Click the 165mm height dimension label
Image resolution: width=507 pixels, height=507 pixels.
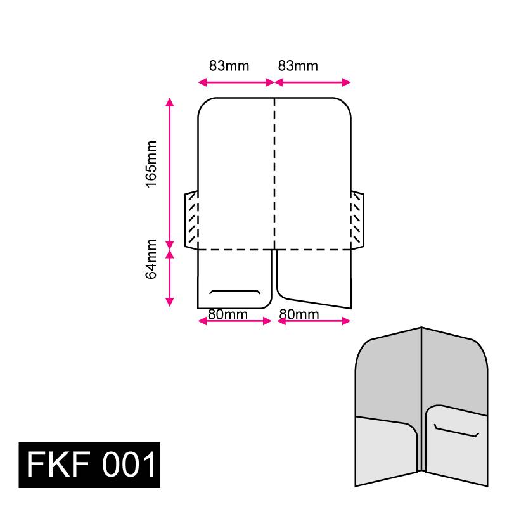(x=151, y=164)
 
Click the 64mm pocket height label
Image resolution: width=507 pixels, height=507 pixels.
(x=151, y=259)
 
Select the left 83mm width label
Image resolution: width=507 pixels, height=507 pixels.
(x=229, y=66)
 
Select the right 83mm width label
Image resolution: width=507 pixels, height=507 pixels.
(x=298, y=66)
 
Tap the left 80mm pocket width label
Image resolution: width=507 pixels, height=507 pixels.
(x=228, y=314)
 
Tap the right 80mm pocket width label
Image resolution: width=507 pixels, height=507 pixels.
(x=298, y=314)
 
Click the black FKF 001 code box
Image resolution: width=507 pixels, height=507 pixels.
(x=89, y=465)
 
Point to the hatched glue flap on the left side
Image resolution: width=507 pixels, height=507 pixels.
(x=191, y=220)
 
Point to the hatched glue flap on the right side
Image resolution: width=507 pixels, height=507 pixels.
(x=357, y=220)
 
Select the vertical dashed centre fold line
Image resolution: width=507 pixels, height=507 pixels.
(x=274, y=171)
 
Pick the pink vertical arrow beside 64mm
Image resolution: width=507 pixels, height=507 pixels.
(x=169, y=278)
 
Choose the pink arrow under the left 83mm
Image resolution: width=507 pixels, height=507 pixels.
(x=235, y=82)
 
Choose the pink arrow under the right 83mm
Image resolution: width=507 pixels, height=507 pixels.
(x=312, y=82)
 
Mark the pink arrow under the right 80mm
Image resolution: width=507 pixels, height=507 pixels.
(x=314, y=321)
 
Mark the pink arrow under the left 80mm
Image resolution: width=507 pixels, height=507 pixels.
(x=235, y=321)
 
